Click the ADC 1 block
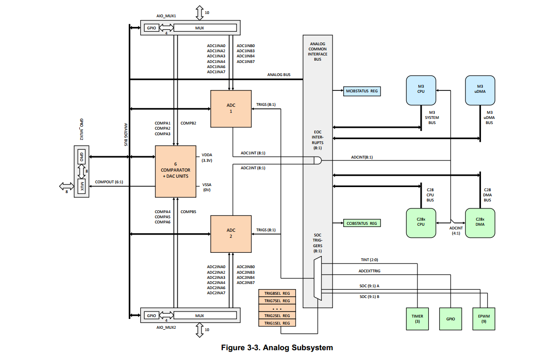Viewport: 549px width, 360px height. (232, 109)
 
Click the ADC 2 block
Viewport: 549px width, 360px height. (232, 233)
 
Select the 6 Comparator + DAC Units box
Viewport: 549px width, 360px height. (175, 171)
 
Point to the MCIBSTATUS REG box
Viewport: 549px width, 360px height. (362, 91)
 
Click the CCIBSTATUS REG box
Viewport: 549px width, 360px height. (361, 223)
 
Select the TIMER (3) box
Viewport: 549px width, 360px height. (417, 319)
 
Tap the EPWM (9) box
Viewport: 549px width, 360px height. (484, 319)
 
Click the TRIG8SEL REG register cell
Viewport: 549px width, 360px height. (277, 293)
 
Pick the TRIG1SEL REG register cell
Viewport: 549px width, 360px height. (277, 323)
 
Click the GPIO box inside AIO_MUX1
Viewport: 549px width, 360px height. (152, 28)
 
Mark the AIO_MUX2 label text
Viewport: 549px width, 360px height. (167, 327)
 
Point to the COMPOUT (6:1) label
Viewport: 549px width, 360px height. (109, 182)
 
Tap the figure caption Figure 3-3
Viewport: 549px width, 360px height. (277, 347)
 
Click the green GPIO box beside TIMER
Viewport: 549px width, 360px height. (451, 319)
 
